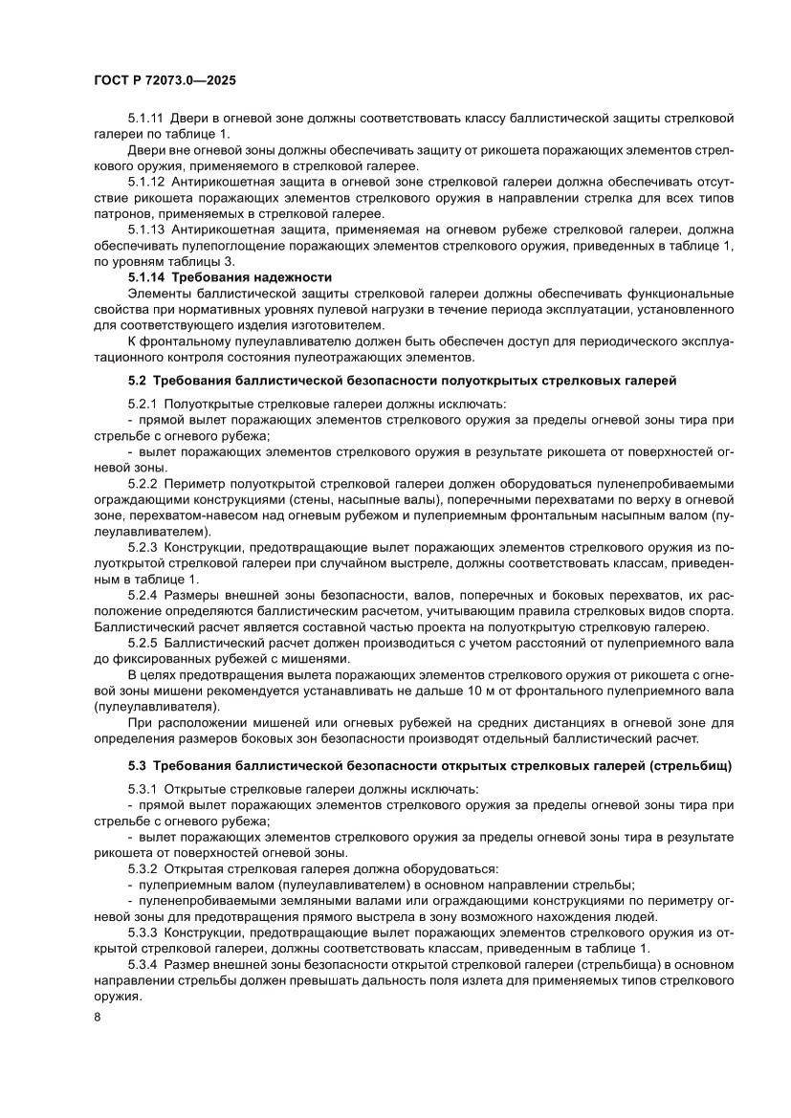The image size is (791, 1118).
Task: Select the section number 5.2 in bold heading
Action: click(x=137, y=380)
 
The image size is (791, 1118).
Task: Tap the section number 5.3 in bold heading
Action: click(x=137, y=767)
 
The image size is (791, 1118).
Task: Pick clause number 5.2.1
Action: click(x=142, y=406)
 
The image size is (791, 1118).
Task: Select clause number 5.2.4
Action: click(x=142, y=595)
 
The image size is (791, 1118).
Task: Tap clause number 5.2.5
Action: click(x=142, y=644)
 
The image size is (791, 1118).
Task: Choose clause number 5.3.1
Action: click(x=142, y=790)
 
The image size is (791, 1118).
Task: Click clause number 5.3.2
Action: click(x=142, y=868)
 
